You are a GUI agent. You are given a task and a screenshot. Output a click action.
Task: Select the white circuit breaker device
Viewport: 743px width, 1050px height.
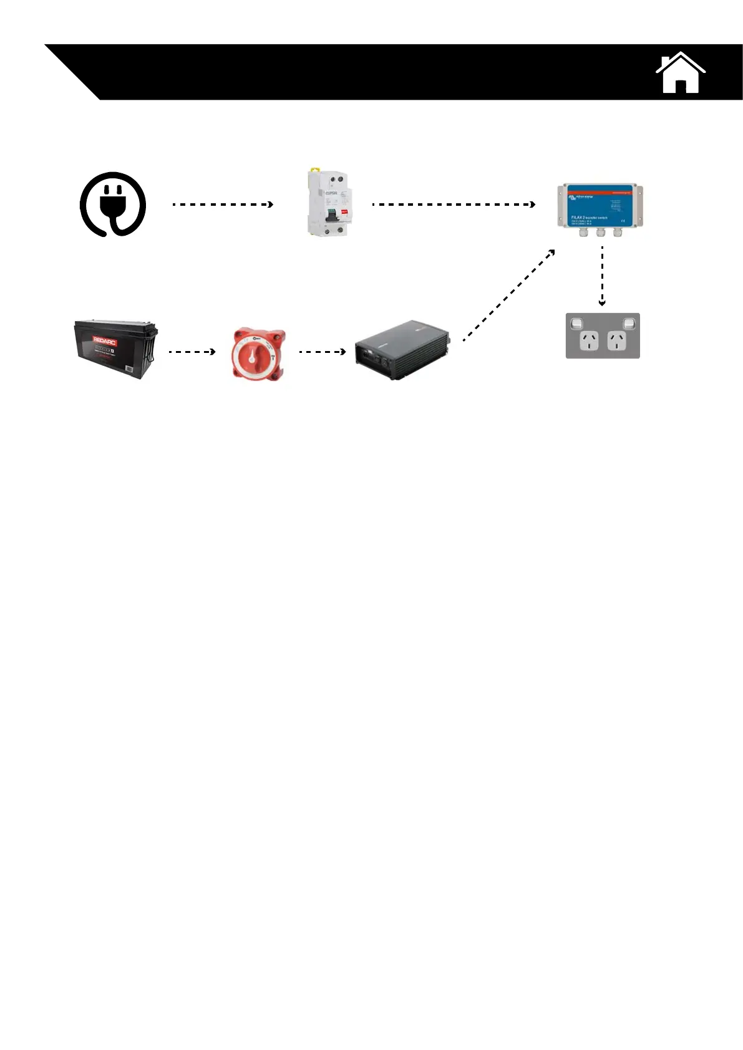pos(329,203)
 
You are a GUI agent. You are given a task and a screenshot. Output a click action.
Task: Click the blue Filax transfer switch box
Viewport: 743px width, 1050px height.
pos(600,205)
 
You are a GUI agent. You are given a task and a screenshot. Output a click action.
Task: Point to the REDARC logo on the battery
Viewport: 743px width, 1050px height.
pos(105,340)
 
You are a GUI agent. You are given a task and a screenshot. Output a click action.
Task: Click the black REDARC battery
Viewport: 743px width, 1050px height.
pos(115,349)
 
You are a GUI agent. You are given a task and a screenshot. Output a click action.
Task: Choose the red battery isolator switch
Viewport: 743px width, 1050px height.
pos(258,354)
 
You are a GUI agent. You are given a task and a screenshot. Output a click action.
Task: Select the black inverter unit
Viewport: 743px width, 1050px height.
pos(402,351)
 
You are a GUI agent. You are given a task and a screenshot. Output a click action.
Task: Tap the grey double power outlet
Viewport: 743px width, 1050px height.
pos(603,336)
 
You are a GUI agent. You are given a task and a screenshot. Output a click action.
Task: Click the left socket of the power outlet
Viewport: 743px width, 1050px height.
pos(588,341)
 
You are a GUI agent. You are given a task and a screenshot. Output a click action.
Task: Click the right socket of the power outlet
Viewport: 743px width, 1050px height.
pos(617,341)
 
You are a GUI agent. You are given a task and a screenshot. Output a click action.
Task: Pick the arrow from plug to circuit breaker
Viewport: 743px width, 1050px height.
pos(222,205)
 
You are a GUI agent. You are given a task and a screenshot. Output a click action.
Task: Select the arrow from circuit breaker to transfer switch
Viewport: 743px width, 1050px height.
pos(454,205)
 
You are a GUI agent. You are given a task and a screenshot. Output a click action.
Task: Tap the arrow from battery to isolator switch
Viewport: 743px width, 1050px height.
pos(192,352)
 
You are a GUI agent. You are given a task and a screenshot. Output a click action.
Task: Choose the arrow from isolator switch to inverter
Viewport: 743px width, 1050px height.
pos(322,352)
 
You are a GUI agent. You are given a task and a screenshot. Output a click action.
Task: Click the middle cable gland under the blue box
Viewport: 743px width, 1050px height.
pos(600,233)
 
